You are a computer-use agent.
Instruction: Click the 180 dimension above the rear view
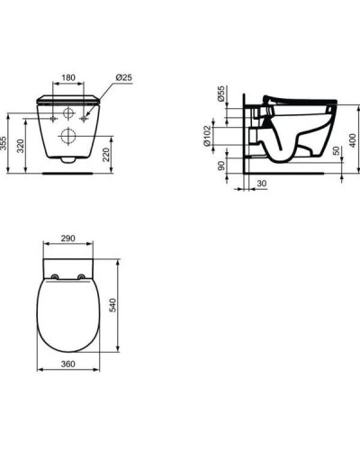(68, 77)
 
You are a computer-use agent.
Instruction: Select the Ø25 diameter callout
(123, 77)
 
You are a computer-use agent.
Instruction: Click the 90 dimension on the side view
(220, 166)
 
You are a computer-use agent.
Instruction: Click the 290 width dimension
(67, 241)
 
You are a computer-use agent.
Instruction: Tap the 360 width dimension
(67, 364)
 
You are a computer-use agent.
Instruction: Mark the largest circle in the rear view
(68, 136)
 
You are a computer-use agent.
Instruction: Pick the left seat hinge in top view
(57, 275)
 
